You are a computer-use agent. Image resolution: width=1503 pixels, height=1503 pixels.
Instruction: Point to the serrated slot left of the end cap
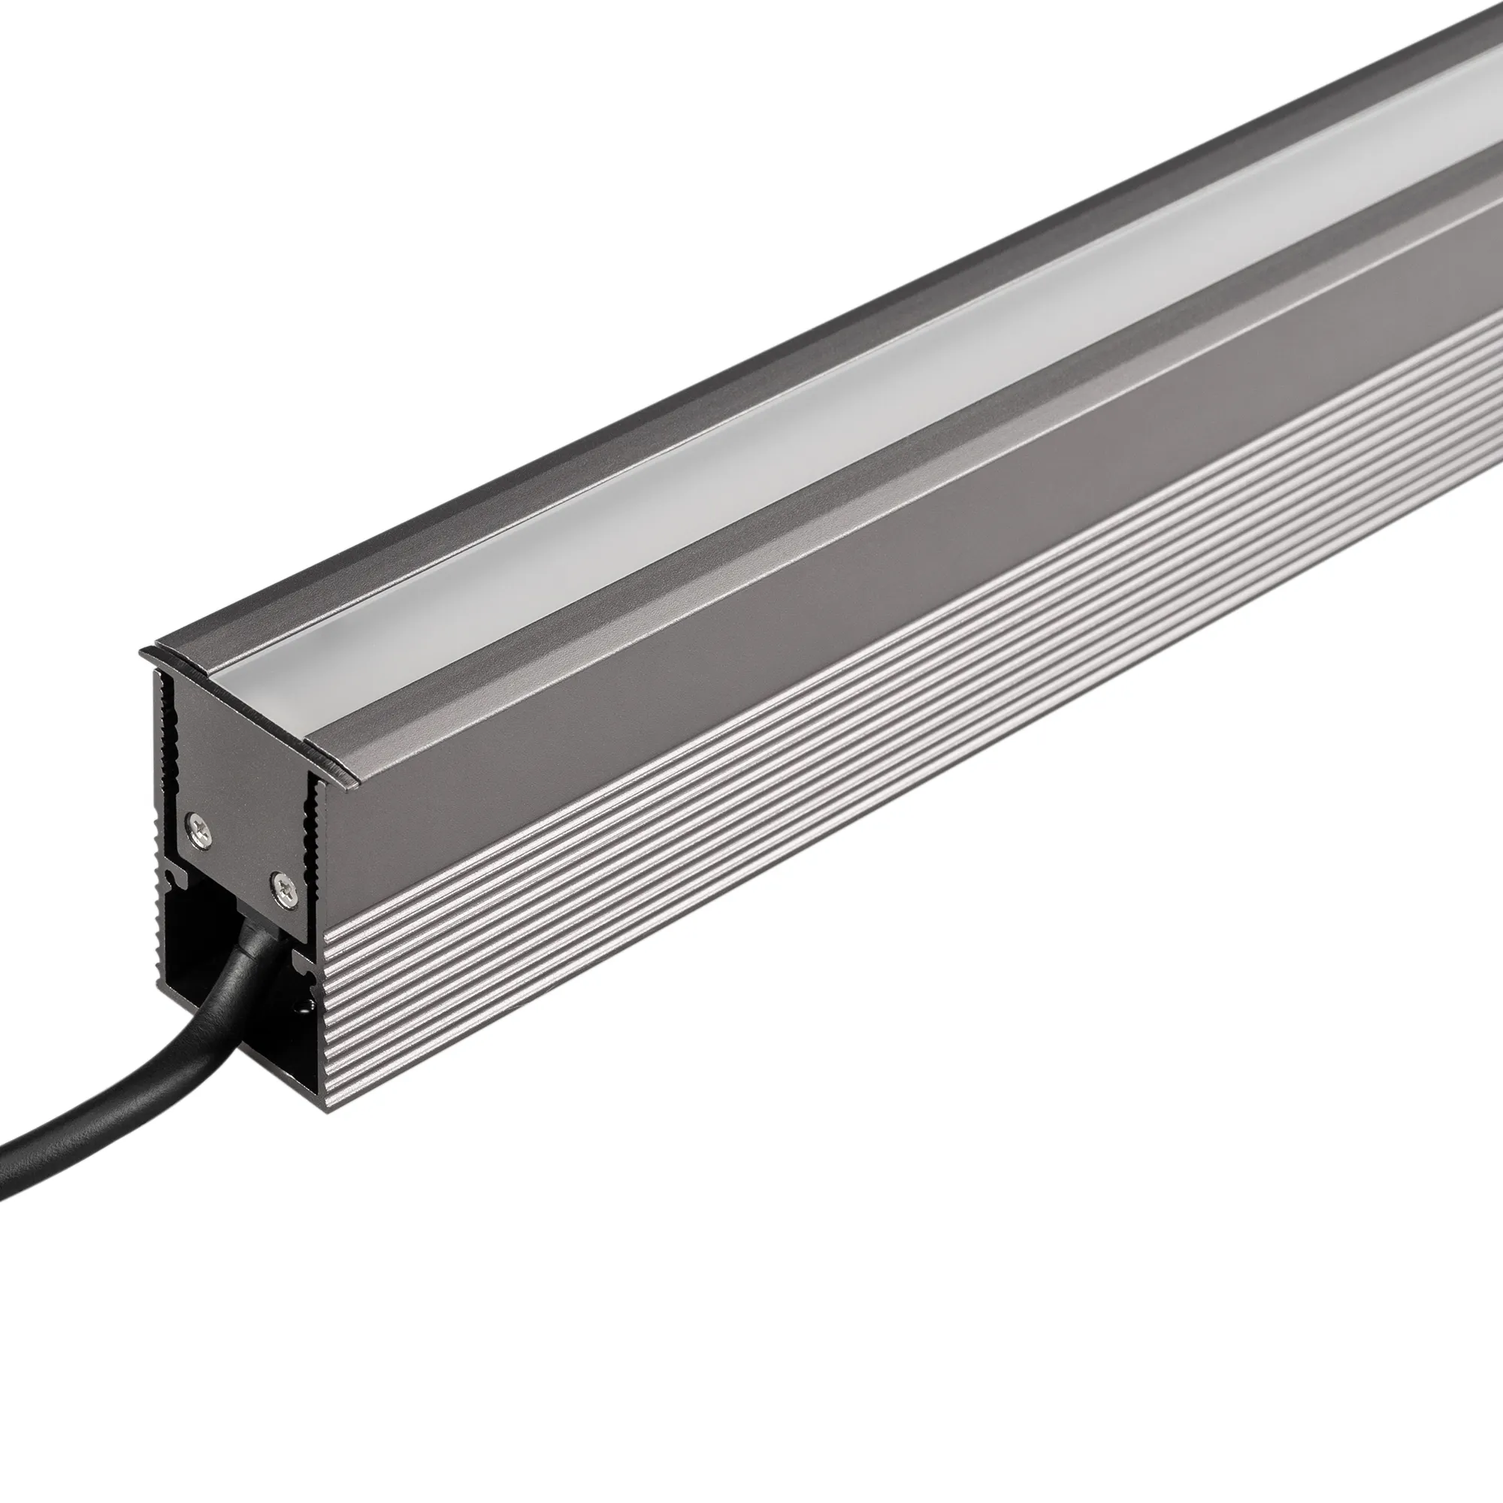click(x=164, y=747)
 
